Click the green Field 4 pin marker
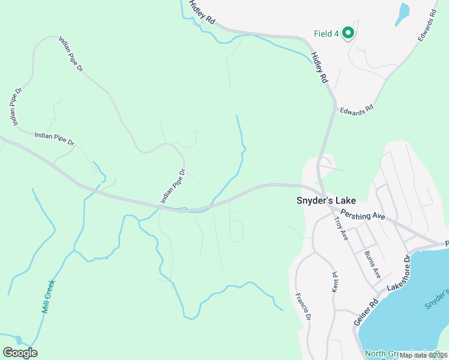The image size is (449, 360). (x=348, y=34)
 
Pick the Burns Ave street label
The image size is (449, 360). (x=373, y=263)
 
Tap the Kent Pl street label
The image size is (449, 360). (x=336, y=281)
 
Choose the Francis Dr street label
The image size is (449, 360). (x=304, y=306)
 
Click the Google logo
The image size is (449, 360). (x=20, y=353)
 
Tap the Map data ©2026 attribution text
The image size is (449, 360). (x=423, y=355)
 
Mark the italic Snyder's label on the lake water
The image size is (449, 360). (x=437, y=298)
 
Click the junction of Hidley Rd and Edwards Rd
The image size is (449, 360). (x=334, y=103)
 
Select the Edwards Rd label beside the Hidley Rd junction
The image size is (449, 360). (x=357, y=110)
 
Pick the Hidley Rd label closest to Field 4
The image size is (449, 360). (x=319, y=68)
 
